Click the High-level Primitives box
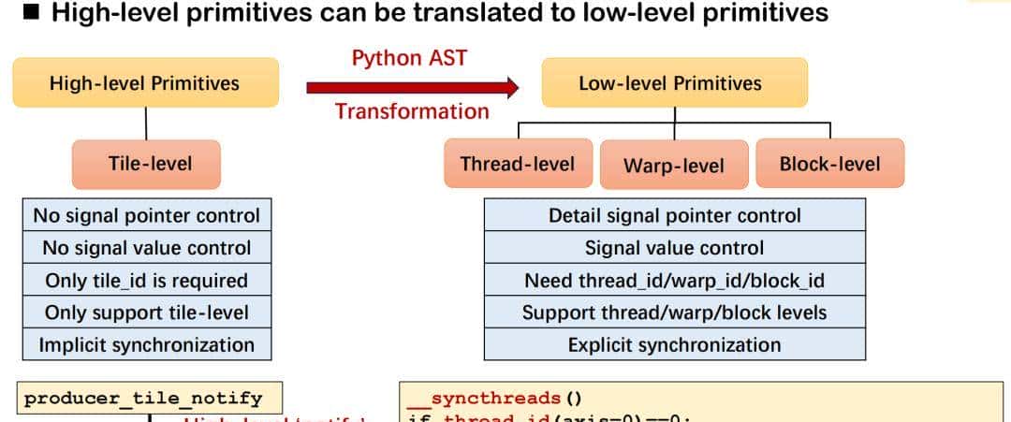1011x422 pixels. pyautogui.click(x=145, y=82)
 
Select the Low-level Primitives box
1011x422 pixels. pyautogui.click(x=669, y=82)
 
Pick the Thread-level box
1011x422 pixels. pyautogui.click(x=518, y=164)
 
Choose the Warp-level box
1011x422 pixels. pyautogui.click(x=674, y=166)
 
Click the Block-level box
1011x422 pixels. pyautogui.click(x=829, y=164)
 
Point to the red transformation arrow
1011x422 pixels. pyautogui.click(x=412, y=87)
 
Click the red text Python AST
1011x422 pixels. pyautogui.click(x=409, y=57)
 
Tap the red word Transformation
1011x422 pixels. pyautogui.click(x=412, y=111)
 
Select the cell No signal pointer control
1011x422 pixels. pyautogui.click(x=146, y=215)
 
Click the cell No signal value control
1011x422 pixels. pyautogui.click(x=146, y=248)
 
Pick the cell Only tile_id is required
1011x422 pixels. pyautogui.click(x=146, y=280)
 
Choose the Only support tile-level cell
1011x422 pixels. pyautogui.click(x=146, y=312)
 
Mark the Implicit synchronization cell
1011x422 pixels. pyautogui.click(x=146, y=344)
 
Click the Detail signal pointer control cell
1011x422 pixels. pyautogui.click(x=674, y=215)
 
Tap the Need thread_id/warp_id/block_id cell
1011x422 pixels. pyautogui.click(x=674, y=280)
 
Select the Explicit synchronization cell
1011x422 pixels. pyautogui.click(x=674, y=344)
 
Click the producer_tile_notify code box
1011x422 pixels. pyautogui.click(x=143, y=399)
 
